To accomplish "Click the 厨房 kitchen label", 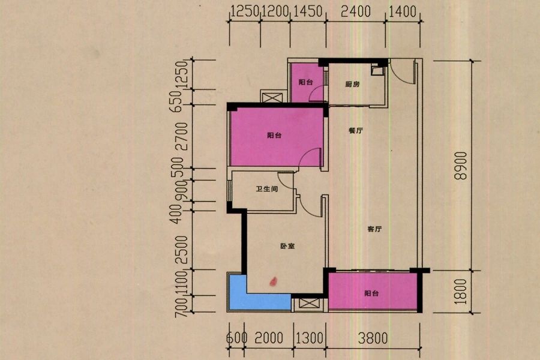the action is coord(352,84).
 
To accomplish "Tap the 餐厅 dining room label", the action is coord(355,131).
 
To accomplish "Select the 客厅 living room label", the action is coord(374,229).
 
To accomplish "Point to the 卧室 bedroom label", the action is coord(287,246).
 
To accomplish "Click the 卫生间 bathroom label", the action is coord(267,189).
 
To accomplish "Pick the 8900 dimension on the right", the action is coord(461,166).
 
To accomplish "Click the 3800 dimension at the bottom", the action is coord(373,338).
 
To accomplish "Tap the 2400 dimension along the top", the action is coord(355,12).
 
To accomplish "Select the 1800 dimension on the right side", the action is coord(461,292).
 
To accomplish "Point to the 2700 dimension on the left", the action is coord(181,136).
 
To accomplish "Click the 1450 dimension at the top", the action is coord(307,12).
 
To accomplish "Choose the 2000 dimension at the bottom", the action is coord(269,338).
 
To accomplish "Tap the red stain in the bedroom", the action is coord(273,282).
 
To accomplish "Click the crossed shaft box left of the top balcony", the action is coord(272,97).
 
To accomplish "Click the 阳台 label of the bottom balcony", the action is coord(371,293).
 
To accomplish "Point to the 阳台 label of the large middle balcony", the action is coord(274,136).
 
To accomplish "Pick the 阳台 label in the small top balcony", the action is coord(305,82).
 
